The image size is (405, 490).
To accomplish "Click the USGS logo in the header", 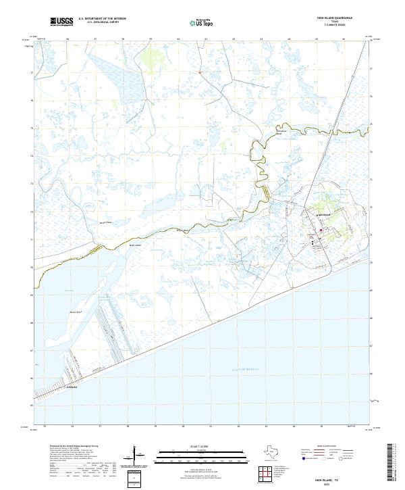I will click(x=62, y=22).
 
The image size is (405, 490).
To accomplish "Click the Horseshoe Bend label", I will click(x=278, y=132).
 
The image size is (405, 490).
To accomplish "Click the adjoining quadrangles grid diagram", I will click(x=266, y=474).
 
